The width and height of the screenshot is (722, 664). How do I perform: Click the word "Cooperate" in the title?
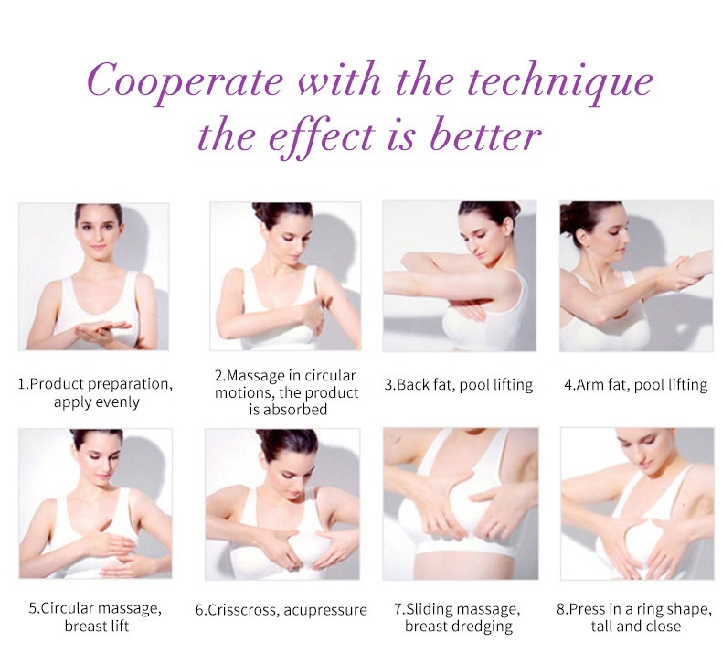185,81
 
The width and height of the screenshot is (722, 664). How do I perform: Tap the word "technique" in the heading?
560,81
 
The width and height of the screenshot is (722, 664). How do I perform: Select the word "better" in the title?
485,136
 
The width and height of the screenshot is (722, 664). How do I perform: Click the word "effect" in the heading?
321,137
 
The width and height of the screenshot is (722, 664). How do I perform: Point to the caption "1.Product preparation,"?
95,384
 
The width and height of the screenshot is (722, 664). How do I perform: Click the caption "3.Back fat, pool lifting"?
459,384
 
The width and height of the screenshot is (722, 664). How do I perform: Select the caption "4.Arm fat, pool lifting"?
636,384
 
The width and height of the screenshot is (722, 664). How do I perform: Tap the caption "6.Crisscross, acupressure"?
281,610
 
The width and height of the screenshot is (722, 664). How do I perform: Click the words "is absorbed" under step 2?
288,409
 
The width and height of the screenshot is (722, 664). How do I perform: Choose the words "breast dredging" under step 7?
459,627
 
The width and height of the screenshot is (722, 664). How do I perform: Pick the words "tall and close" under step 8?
636,626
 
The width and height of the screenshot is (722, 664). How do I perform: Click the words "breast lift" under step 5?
97,626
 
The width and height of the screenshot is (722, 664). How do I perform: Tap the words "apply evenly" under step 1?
97,402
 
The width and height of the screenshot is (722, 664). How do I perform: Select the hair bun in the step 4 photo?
570,218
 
